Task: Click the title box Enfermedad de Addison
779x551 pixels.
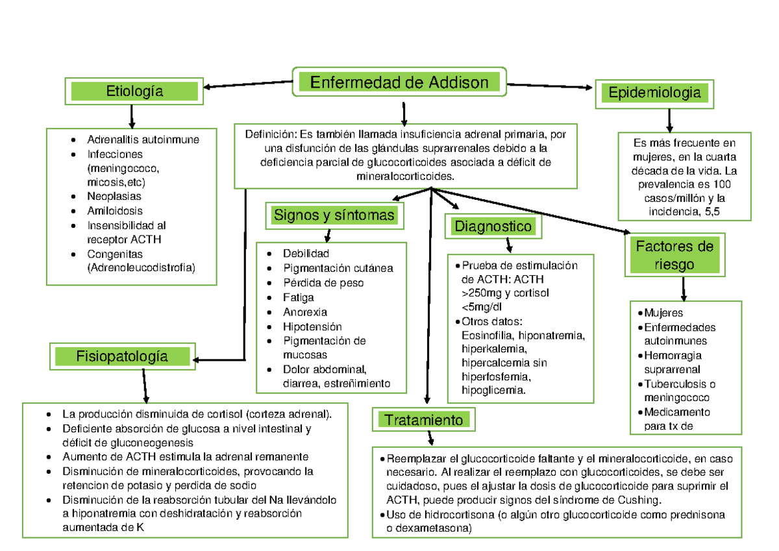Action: pos(399,82)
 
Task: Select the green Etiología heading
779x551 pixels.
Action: pos(134,92)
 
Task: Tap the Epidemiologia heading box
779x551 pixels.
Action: pos(654,93)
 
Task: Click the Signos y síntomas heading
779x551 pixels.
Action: pos(334,215)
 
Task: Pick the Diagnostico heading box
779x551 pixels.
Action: pos(493,227)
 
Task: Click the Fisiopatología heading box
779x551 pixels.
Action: pos(121,356)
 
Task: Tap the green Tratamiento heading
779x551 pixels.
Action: pos(423,420)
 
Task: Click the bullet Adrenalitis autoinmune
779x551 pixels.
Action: pos(143,140)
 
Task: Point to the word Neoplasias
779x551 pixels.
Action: pos(114,196)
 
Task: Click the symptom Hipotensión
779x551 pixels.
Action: pos(312,326)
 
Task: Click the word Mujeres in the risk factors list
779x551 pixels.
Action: pos(663,313)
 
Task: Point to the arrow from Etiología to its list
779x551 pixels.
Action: pos(132,115)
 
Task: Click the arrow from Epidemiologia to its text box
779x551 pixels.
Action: pos(669,120)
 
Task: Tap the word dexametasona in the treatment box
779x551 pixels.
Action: pos(430,529)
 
